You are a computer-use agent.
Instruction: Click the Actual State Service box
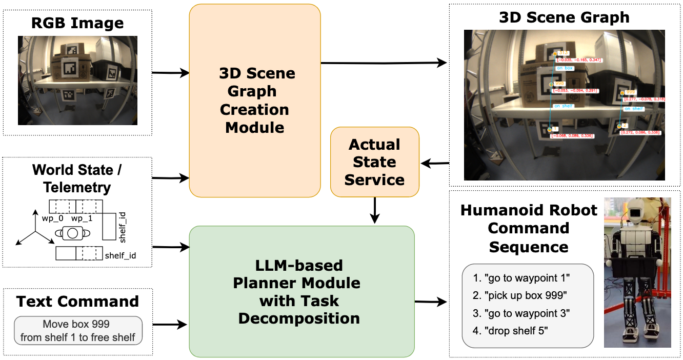[374, 162]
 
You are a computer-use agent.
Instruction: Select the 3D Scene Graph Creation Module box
[254, 101]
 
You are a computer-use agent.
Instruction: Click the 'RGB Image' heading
[77, 23]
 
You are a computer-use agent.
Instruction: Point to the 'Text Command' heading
[77, 301]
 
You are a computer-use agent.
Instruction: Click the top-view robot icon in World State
[72, 233]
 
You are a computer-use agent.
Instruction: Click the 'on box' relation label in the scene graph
[565, 68]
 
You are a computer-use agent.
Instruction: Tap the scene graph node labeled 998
[558, 83]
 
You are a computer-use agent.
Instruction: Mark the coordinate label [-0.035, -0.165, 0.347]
[577, 60]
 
